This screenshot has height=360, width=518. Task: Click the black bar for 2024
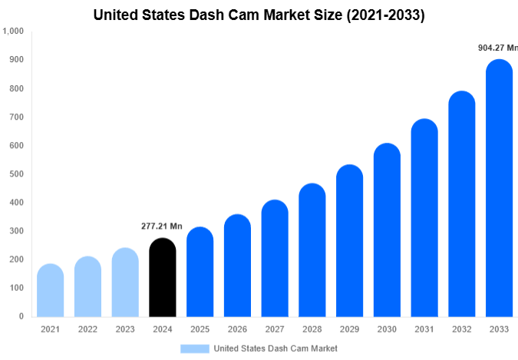coord(162,278)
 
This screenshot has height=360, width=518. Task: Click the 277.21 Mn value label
coord(162,226)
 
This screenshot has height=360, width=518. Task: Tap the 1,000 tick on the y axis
coord(13,31)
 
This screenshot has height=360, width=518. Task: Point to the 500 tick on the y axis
coord(16,174)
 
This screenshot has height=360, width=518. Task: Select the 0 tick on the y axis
coord(21,316)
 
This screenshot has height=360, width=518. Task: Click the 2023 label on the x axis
coord(125,329)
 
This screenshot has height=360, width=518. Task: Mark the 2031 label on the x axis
coord(424,329)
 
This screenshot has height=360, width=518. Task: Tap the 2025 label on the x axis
coord(200,329)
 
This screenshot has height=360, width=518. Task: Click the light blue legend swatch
coord(194,348)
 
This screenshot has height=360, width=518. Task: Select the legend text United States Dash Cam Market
coord(275,348)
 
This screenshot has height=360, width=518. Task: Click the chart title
coord(259,14)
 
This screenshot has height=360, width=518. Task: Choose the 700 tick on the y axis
coord(16,117)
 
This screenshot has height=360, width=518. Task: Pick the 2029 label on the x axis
coord(350,329)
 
